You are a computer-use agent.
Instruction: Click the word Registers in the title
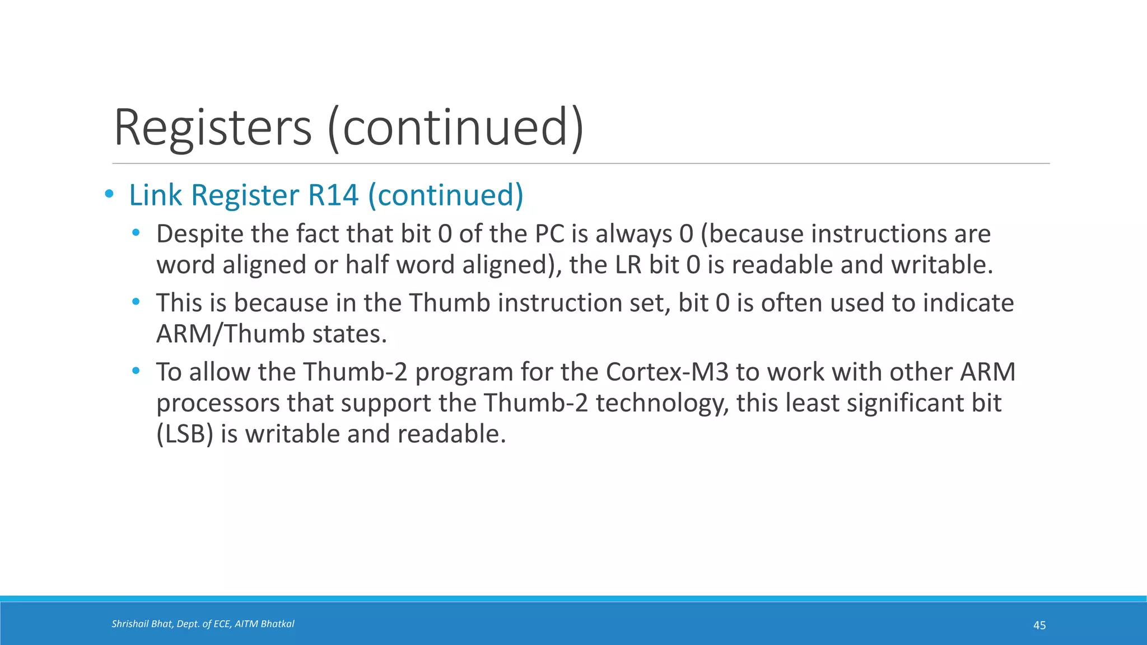pos(212,128)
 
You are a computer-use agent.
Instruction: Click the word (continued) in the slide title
pos(456,128)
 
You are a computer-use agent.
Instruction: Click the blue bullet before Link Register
pos(109,194)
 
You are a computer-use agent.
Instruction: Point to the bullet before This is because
pos(136,302)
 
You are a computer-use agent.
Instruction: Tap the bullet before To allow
pos(136,371)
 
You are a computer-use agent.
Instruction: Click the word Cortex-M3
pos(666,372)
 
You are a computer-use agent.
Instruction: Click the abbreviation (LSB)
pos(185,434)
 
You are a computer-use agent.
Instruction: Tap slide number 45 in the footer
pos(1039,625)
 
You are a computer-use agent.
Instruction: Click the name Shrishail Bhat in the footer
pos(142,624)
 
